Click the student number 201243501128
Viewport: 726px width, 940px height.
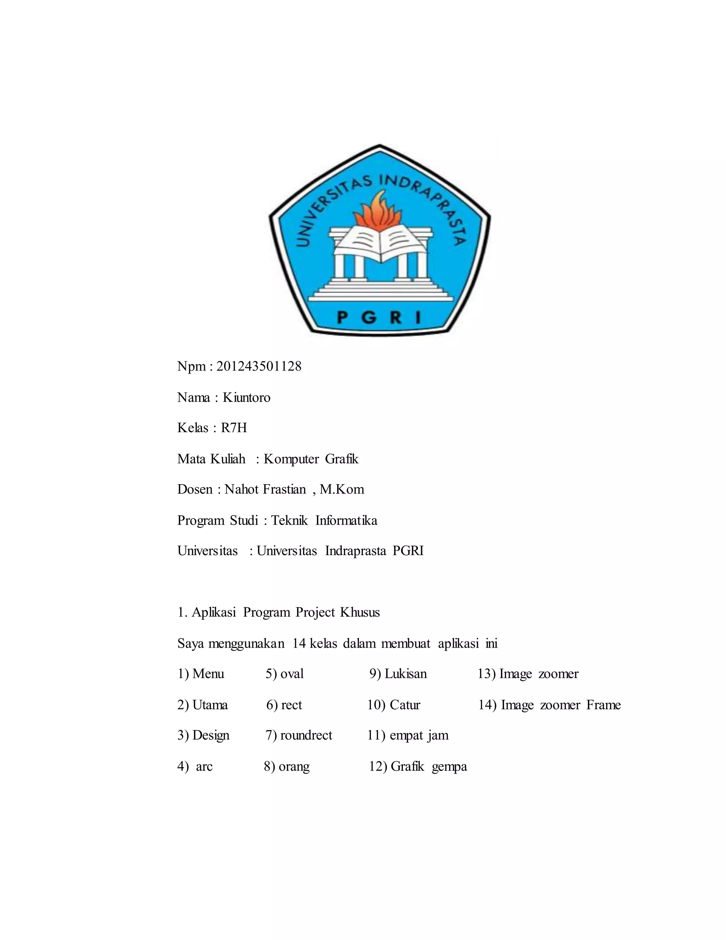[258, 366]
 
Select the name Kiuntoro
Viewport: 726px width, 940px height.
[246, 397]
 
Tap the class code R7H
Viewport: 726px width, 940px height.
[234, 428]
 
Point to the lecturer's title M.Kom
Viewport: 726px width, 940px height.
[342, 490]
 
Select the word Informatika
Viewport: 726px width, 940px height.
[346, 520]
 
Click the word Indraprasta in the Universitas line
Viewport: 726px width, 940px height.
[355, 551]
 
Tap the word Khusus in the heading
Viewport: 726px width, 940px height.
[360, 613]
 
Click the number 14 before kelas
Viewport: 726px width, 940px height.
[299, 643]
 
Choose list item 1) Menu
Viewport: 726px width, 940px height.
[201, 674]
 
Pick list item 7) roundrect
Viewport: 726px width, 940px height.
[299, 735]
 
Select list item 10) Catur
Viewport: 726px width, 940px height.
[393, 705]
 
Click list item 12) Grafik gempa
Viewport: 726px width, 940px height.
[418, 767]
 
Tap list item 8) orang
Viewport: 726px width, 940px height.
[287, 767]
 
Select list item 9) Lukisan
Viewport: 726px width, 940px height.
[398, 674]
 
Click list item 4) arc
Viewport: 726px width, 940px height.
[195, 767]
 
